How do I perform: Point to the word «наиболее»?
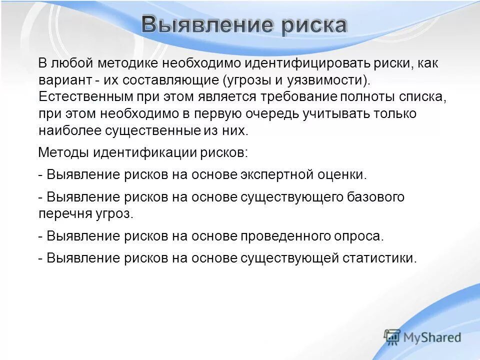pyautogui.click(x=69, y=130)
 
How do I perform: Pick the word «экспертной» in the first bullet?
pyautogui.click(x=277, y=174)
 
